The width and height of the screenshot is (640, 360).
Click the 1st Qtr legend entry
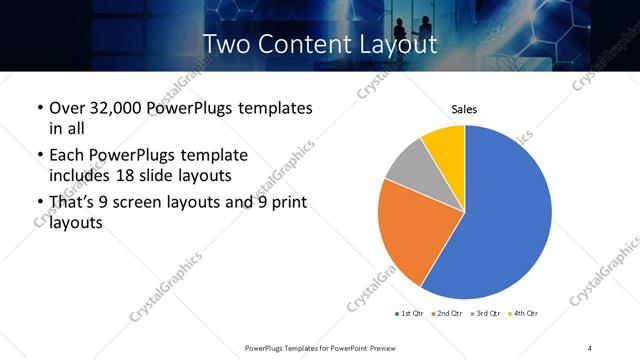click(x=411, y=314)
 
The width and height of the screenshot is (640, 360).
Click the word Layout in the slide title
click(x=396, y=44)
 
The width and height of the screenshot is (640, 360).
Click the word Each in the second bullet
click(x=68, y=155)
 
